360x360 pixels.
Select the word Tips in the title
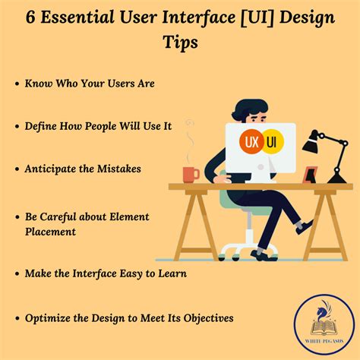(x=180, y=43)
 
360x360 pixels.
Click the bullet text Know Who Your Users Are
(x=90, y=84)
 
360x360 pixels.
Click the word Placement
(x=50, y=232)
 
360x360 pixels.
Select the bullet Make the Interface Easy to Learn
(x=106, y=273)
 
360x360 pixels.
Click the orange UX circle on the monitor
(x=251, y=142)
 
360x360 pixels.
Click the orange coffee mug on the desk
(x=190, y=173)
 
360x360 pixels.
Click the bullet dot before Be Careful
(x=17, y=217)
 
